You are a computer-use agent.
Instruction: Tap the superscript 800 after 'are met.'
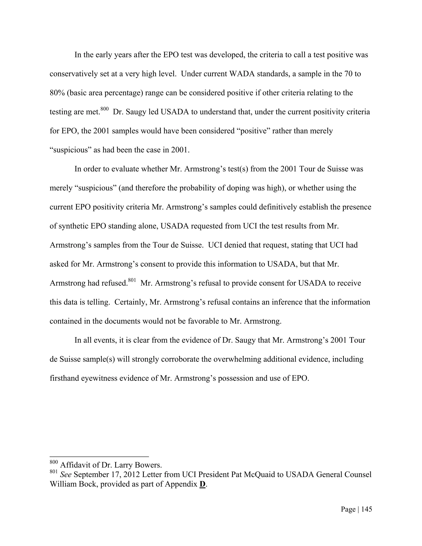104,109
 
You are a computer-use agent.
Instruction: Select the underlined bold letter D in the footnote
202,484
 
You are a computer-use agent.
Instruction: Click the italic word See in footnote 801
66,475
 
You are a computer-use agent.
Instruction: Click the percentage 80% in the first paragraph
57,93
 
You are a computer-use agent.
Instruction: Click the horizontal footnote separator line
99,457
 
